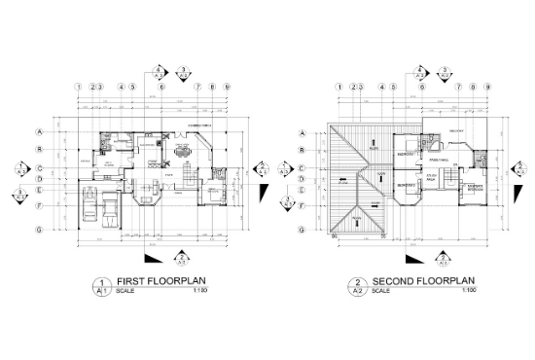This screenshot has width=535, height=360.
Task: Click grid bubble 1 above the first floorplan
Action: click(x=77, y=87)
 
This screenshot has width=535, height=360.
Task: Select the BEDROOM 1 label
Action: click(x=408, y=154)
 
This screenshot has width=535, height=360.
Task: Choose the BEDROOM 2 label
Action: click(x=408, y=183)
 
